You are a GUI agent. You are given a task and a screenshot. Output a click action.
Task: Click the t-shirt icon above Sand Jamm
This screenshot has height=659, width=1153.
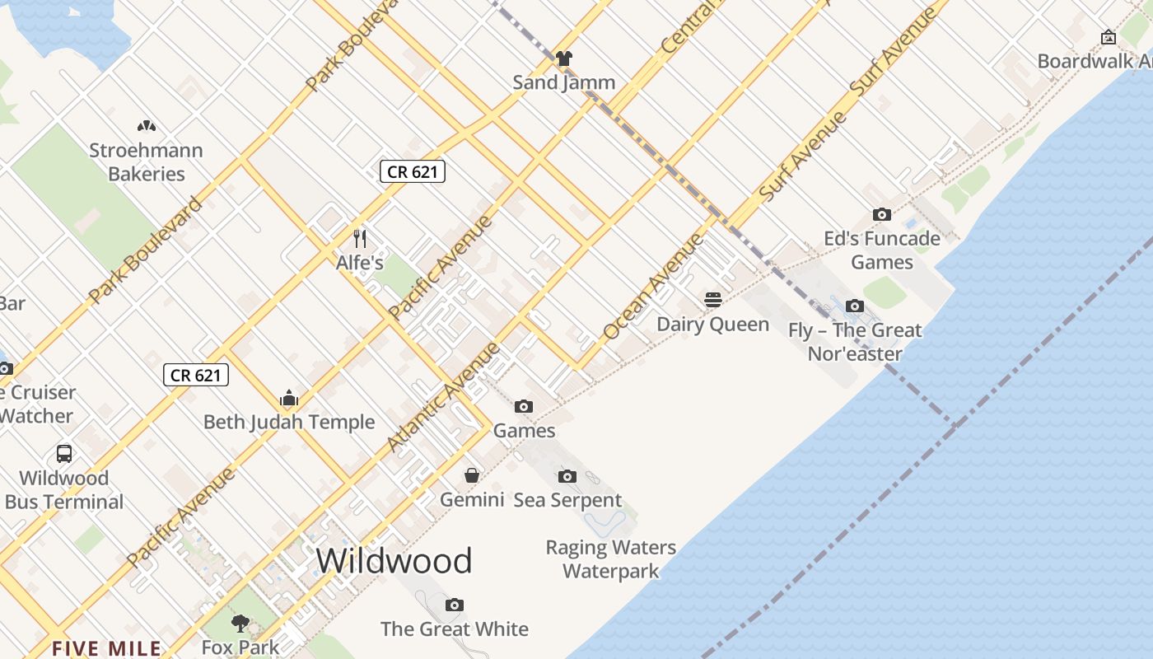coord(563,58)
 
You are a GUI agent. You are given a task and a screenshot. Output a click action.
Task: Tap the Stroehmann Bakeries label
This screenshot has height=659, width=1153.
coord(147,162)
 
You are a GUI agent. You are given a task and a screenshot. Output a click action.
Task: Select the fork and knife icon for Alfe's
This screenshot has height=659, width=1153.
coord(360,239)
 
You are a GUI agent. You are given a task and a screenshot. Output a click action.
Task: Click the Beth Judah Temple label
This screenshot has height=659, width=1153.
coord(289,423)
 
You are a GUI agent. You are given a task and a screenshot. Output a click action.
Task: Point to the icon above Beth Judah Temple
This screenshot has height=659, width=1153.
coord(288,399)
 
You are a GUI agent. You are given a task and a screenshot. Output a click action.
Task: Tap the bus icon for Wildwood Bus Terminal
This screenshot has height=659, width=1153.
coord(63,454)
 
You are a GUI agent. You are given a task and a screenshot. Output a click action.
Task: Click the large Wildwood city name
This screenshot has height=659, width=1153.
coord(394,561)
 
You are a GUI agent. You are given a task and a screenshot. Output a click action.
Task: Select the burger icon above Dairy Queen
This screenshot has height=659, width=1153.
coord(713,300)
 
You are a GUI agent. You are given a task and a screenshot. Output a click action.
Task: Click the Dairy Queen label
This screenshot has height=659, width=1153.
coord(713,325)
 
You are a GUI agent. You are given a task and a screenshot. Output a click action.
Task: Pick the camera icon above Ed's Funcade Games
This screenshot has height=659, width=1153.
coord(882,215)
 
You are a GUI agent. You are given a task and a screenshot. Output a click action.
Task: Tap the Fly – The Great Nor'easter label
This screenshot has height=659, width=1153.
coord(855,342)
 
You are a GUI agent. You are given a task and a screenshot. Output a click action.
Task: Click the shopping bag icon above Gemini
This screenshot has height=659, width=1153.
coord(472,475)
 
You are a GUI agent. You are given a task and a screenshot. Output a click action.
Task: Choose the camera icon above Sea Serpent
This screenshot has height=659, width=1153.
coord(567,476)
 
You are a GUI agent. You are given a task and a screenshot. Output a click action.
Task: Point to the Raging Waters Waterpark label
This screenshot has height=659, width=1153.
coord(610,559)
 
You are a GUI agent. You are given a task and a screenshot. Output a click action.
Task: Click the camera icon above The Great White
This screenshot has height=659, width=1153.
coord(455,605)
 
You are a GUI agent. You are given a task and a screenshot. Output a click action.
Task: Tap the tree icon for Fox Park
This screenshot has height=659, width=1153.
coord(240,623)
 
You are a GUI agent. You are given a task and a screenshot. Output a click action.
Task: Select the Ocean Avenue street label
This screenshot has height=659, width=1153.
coord(654,287)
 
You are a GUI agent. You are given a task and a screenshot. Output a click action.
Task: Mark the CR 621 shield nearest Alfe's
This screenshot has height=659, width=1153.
coord(413,171)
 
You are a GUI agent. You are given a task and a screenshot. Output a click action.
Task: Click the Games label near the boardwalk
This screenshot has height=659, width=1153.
coord(525,431)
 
